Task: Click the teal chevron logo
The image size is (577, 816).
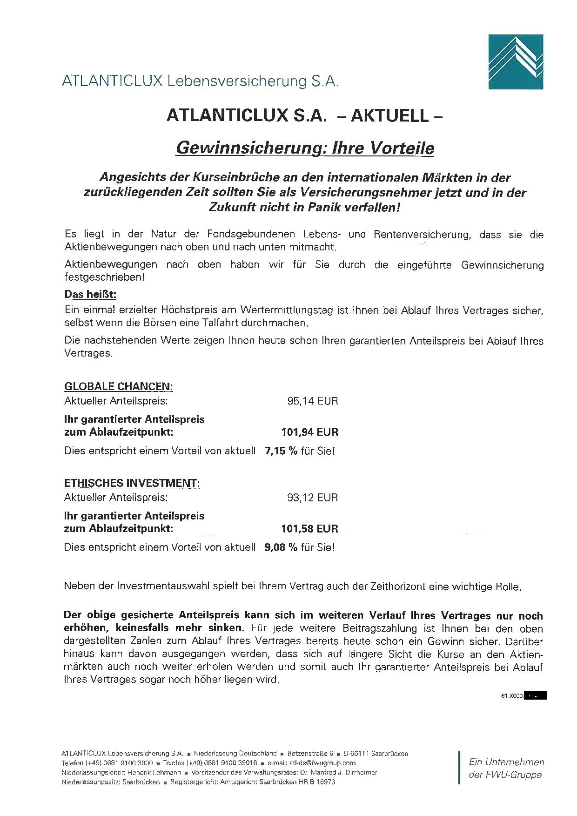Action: coord(516,61)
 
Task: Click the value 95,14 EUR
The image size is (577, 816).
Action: coord(313,401)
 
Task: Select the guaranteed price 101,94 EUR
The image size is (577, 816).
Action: coord(309,432)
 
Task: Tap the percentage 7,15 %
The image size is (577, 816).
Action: coord(281,451)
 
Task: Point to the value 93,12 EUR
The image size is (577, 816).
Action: coord(313,498)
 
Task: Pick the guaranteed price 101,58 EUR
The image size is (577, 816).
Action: coord(309,529)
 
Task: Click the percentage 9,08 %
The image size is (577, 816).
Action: coord(281,547)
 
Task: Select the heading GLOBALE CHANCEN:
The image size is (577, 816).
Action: coord(118,386)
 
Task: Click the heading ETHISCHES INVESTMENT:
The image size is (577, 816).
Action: coord(132,483)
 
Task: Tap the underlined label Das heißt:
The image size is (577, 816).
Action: coord(90,295)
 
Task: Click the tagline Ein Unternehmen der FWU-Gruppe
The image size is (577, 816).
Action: coord(506,768)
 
